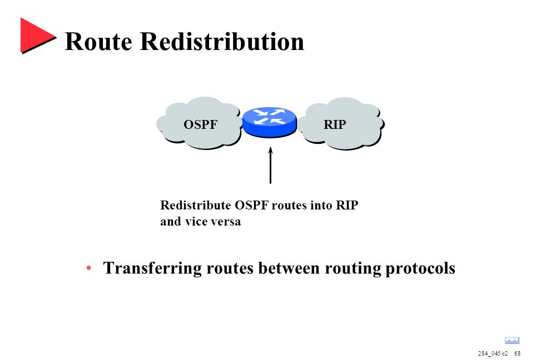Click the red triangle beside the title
point(36,36)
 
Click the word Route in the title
point(98,42)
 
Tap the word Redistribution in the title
point(222,41)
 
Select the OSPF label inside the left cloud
point(201,124)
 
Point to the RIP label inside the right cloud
point(335,124)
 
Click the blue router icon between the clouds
point(270,122)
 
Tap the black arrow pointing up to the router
point(270,165)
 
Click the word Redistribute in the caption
point(195,205)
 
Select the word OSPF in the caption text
point(251,205)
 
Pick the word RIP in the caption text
point(347,205)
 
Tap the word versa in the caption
point(226,222)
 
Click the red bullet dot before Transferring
point(88,268)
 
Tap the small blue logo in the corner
point(512,341)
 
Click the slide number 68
point(517,353)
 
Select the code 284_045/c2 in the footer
point(493,353)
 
